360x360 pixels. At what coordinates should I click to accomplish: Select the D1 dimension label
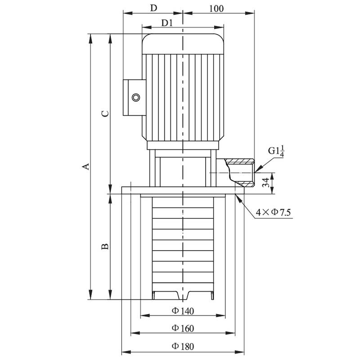coord(167,22)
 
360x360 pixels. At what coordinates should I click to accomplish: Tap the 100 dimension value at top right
coord(216,8)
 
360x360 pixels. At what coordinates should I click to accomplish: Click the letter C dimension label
coord(104,113)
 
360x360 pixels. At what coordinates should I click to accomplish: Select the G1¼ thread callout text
coord(276,150)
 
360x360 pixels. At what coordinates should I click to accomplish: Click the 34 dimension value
coord(266,183)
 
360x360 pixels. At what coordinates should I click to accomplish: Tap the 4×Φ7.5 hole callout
coord(273,212)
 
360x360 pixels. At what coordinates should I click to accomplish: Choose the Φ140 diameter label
coord(182,310)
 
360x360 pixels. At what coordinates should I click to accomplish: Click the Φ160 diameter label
coord(182,328)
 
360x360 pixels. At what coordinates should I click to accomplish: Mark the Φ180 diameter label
coord(182,346)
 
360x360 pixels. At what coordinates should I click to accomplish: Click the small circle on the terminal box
coord(135,98)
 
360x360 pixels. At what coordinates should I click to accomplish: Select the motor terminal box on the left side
coord(134,98)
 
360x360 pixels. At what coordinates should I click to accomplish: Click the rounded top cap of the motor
coord(183,43)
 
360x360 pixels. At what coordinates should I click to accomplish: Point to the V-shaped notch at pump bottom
coord(183,295)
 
